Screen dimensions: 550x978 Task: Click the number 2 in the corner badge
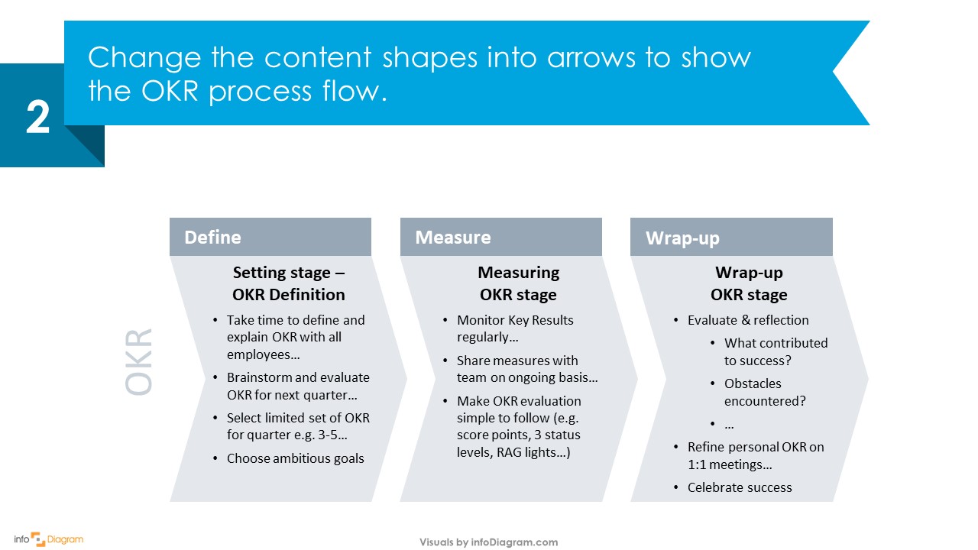[x=38, y=118]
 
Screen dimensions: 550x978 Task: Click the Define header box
[x=270, y=237]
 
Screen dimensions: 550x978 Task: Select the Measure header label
[x=452, y=238]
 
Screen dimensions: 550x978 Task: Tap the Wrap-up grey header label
[x=682, y=238]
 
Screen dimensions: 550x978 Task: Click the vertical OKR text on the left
[x=139, y=362]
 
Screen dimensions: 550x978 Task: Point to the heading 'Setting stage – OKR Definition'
[x=289, y=283]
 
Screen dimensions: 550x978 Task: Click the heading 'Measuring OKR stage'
[x=518, y=283]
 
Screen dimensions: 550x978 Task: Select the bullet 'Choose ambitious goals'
[x=295, y=458]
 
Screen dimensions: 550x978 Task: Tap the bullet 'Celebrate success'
[x=739, y=487]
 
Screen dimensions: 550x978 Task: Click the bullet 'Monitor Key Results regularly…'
[x=514, y=328]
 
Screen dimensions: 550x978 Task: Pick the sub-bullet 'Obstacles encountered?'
[x=764, y=392]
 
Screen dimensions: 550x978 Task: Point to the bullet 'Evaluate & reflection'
[x=747, y=320]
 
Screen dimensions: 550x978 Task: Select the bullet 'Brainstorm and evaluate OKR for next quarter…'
[x=297, y=386]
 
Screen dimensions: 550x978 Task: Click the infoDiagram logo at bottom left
[x=48, y=539]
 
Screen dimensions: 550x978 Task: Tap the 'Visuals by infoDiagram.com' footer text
[x=488, y=542]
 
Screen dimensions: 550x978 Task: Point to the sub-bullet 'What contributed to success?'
[x=775, y=351]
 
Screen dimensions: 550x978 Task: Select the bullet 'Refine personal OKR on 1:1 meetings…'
[x=755, y=455]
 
